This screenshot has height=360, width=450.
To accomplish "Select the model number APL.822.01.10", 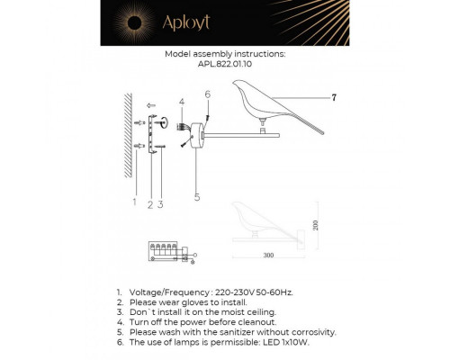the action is [x=225, y=64].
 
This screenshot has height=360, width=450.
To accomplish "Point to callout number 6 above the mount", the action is [x=207, y=94].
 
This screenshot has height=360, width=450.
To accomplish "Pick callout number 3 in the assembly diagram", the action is [x=160, y=204].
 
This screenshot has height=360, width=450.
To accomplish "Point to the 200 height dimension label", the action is [x=315, y=226].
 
